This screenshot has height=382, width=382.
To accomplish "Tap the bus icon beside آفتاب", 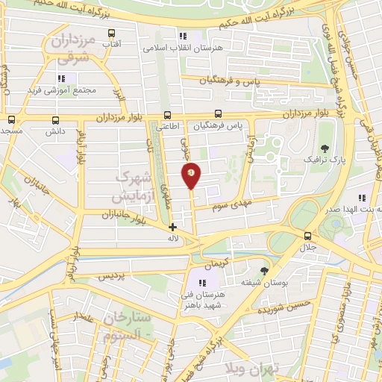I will [112, 33].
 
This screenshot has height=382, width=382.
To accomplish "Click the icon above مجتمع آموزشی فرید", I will [62, 78].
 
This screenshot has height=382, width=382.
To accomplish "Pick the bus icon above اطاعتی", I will [167, 115].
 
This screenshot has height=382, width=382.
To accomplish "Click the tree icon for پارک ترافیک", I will [325, 147].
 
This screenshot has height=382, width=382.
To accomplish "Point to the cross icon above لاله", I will [173, 227].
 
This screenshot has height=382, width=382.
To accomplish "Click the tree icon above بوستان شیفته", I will [265, 271].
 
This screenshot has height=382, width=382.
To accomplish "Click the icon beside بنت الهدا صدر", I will [361, 198].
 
